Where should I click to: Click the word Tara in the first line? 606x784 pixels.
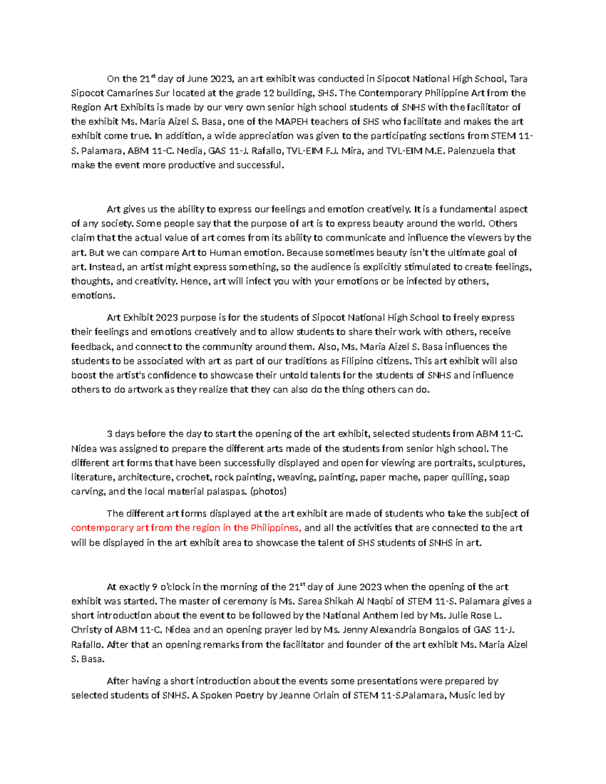518,79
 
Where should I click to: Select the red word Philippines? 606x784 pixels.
276,528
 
